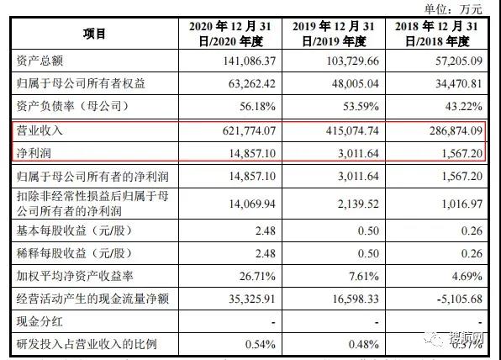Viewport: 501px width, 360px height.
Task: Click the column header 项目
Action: coord(94,34)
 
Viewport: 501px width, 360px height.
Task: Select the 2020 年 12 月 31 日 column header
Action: coord(228,34)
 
